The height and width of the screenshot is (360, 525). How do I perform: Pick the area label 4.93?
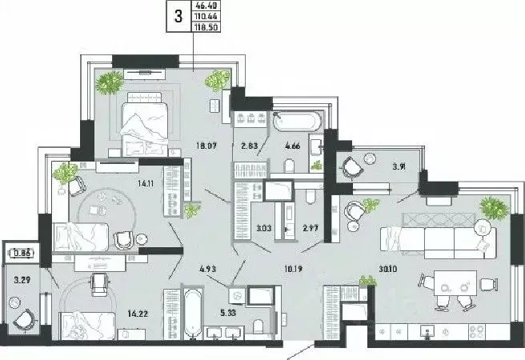pyautogui.click(x=209, y=269)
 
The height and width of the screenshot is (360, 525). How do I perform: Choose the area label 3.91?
pyautogui.click(x=398, y=168)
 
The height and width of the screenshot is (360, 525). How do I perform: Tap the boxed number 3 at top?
pyautogui.click(x=178, y=15)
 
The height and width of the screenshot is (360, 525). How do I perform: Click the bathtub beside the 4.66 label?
pyautogui.click(x=297, y=122)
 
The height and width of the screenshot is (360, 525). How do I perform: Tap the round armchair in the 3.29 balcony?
pyautogui.click(x=24, y=318)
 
